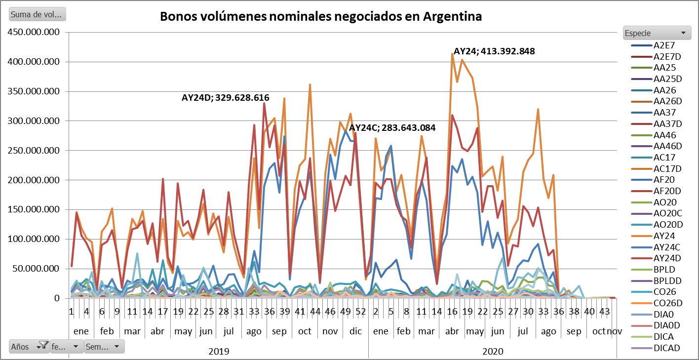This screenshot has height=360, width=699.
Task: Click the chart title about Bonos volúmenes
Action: (320, 16)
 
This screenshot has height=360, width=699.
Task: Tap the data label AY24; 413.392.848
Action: (494, 51)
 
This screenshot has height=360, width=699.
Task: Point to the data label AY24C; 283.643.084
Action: (392, 127)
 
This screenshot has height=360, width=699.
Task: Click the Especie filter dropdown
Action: (656, 33)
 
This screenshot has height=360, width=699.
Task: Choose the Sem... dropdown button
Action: (104, 346)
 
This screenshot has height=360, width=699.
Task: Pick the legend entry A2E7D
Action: (666, 56)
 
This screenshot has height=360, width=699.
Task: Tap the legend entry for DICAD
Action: (666, 348)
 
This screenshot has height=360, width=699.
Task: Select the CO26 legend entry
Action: (665, 292)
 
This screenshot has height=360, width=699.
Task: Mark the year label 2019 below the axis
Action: (219, 352)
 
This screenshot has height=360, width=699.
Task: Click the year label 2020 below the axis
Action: (493, 352)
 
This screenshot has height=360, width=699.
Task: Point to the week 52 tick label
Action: (361, 312)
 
